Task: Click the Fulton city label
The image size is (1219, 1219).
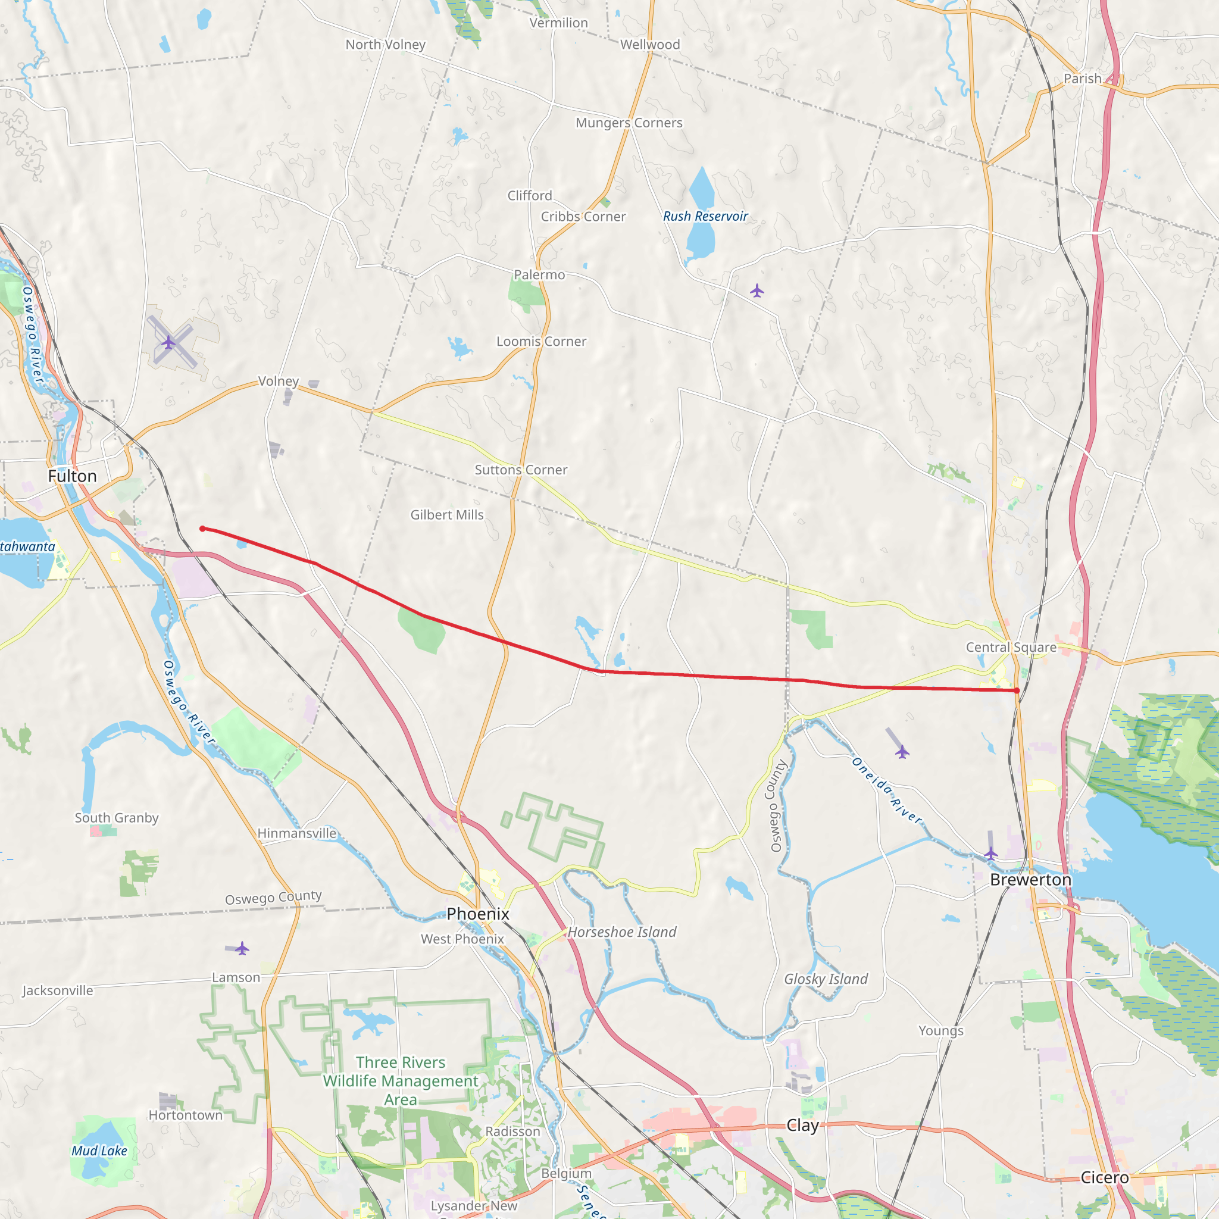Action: tap(73, 476)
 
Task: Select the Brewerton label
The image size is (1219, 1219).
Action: tap(1030, 880)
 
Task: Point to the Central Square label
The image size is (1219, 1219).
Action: tap(1011, 648)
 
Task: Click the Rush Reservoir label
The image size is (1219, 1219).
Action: tap(705, 217)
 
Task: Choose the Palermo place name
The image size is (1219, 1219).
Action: tap(539, 275)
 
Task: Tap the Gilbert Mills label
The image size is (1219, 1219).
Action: tap(447, 515)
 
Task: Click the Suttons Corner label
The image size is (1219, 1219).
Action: tap(521, 470)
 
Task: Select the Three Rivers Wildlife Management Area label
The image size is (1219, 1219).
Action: tap(401, 1081)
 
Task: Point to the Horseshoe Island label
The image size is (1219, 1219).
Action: tap(621, 932)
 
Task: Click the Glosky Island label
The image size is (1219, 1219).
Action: tap(826, 979)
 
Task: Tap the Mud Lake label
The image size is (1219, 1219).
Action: tap(99, 1151)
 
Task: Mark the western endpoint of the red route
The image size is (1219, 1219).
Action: tap(202, 529)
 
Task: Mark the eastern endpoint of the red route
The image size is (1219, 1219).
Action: tap(1017, 691)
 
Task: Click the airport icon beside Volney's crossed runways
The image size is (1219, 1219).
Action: tap(168, 343)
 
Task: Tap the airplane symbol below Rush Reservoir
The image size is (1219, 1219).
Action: tap(757, 291)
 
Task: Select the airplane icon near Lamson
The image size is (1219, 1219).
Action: tap(242, 948)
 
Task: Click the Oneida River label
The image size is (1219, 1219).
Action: tap(886, 790)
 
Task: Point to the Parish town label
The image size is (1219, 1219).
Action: tap(1082, 79)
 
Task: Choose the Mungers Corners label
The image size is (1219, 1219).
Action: tap(629, 123)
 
